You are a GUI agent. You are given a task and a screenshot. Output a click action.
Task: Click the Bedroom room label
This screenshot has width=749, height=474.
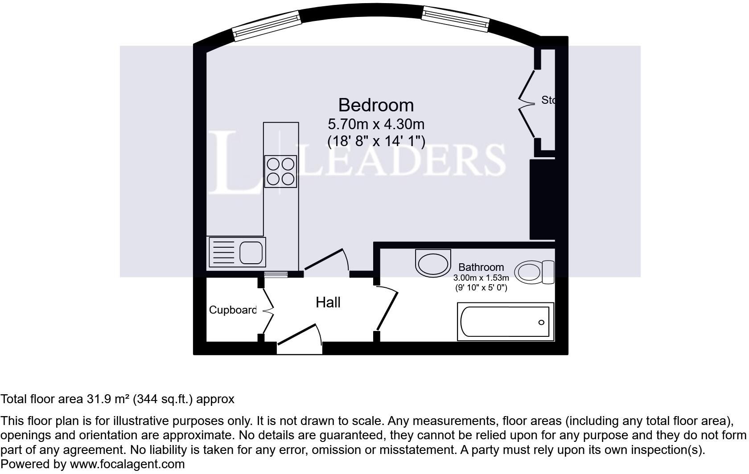[x=376, y=105]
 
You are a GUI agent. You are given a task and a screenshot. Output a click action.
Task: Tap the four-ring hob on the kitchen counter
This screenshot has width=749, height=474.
[x=280, y=172]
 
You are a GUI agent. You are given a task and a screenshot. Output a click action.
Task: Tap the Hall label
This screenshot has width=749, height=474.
[x=328, y=302]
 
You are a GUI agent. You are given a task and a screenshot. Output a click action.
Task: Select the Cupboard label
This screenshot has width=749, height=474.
[x=233, y=310]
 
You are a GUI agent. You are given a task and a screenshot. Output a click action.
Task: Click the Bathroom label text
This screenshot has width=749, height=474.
[x=481, y=267]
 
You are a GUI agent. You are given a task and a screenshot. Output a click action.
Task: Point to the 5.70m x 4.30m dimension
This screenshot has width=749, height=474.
[x=376, y=123]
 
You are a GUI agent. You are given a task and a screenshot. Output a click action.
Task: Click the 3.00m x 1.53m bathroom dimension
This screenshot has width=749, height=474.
[x=481, y=278]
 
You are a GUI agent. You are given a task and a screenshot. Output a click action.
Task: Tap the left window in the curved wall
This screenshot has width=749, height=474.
[x=267, y=27]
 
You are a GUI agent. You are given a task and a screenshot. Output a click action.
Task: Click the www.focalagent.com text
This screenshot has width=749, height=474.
[x=127, y=464]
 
